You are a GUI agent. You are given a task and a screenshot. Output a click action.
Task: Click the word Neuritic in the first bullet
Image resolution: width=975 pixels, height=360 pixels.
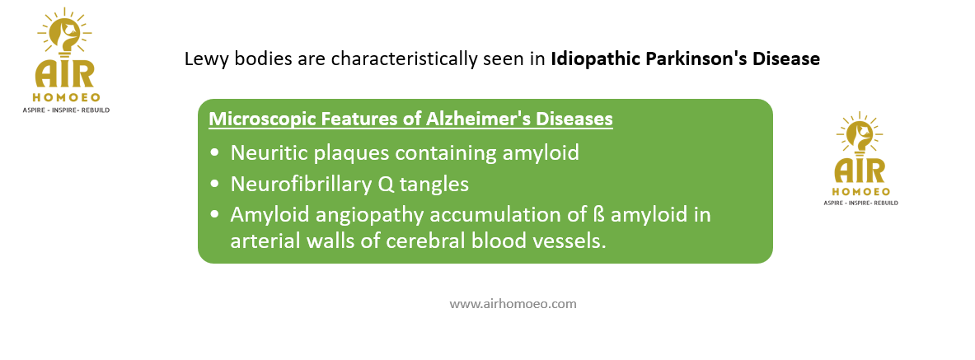[x=261, y=152]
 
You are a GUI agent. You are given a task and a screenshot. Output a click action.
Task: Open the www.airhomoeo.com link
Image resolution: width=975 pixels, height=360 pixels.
[x=513, y=304]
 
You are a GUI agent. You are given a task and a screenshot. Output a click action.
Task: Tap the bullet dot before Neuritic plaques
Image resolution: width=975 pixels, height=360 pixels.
[x=215, y=153]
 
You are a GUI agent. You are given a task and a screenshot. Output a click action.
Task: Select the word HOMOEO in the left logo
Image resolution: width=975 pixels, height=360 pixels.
[x=66, y=97]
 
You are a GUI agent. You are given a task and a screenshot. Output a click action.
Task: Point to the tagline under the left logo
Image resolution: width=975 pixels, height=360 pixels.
[x=66, y=110]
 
